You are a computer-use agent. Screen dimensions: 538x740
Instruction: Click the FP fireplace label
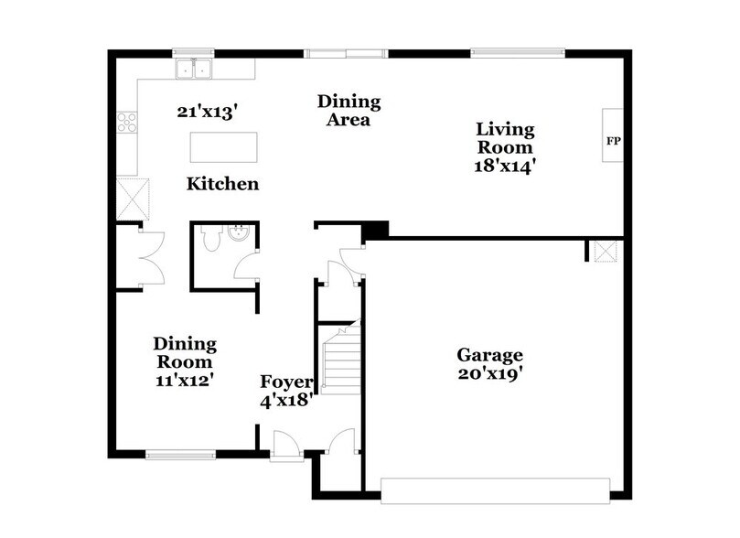tap(612, 142)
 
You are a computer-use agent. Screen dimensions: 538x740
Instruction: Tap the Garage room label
tap(490, 355)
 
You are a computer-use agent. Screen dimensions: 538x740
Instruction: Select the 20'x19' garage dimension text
tap(490, 373)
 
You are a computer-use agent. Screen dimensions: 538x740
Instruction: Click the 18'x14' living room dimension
tap(503, 167)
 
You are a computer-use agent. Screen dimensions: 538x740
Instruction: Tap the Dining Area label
tap(349, 110)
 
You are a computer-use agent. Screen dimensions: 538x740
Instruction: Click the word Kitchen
tap(222, 184)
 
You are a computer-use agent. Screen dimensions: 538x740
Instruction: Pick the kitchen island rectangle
tap(223, 146)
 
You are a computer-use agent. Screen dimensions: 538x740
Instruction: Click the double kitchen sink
tap(194, 68)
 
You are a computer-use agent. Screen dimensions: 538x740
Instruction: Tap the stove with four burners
tap(127, 123)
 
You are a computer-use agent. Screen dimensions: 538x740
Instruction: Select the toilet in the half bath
tap(210, 241)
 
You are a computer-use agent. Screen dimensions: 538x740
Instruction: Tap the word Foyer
tap(287, 382)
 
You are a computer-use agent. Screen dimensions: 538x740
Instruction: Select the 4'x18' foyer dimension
tap(287, 399)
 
